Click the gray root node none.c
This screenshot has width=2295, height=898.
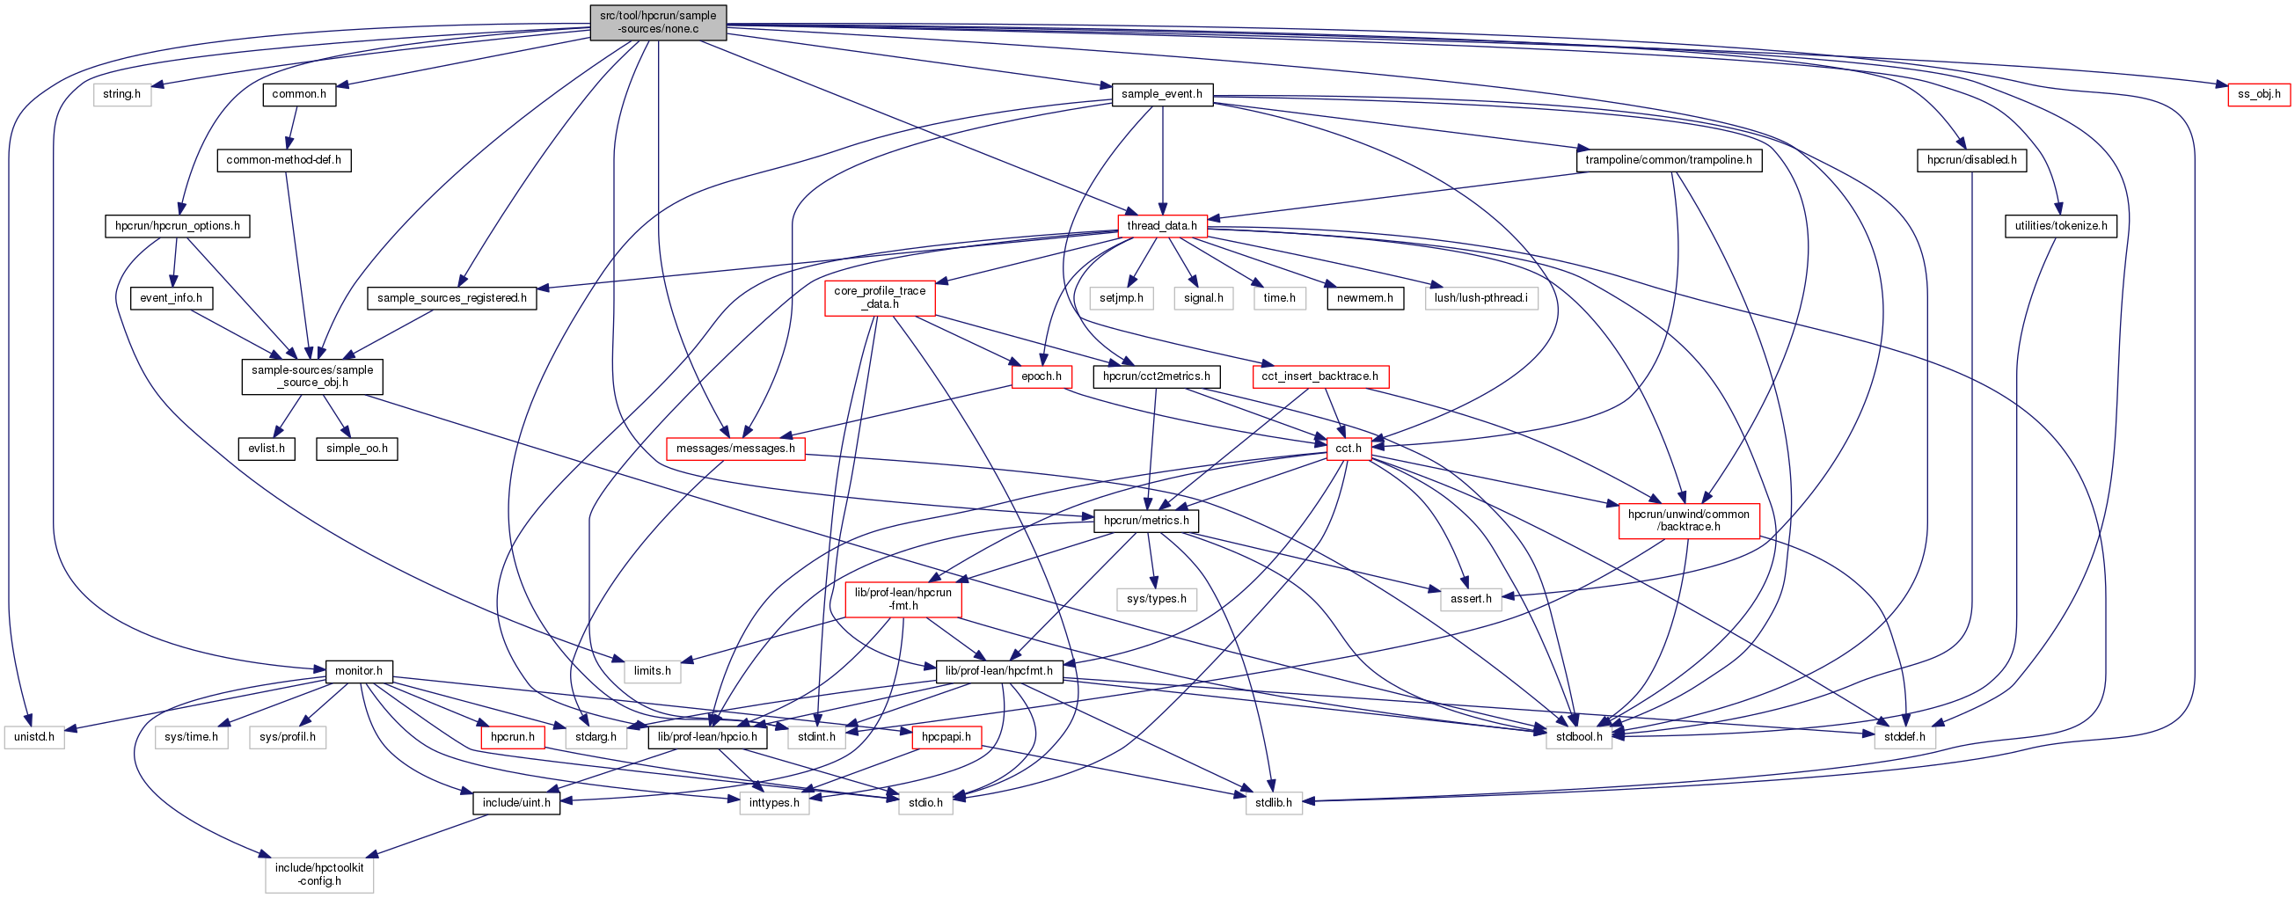click(657, 22)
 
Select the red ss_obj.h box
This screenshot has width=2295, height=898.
click(2257, 93)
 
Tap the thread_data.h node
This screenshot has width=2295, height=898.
click(1162, 226)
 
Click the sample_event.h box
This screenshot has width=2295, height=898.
click(1162, 93)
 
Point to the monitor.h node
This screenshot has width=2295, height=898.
click(358, 671)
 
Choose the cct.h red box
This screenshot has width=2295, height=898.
click(1348, 448)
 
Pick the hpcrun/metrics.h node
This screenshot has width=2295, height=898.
click(1144, 521)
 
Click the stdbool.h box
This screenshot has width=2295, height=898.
click(1579, 737)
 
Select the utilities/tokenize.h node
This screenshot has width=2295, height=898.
click(2061, 226)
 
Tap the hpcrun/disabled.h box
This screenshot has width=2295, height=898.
click(1971, 160)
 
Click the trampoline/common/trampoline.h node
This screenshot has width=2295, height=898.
click(1668, 160)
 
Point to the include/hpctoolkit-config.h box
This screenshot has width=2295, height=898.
click(319, 874)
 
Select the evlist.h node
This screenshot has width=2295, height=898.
click(267, 448)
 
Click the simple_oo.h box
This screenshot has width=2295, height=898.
click(356, 448)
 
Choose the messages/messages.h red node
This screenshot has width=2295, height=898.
click(735, 448)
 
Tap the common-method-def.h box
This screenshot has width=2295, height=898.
click(283, 160)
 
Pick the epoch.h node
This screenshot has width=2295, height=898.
click(1041, 376)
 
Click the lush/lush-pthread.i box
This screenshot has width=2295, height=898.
click(1480, 298)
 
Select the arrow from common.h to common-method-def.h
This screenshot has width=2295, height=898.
click(291, 128)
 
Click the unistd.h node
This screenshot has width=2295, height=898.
click(33, 737)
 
